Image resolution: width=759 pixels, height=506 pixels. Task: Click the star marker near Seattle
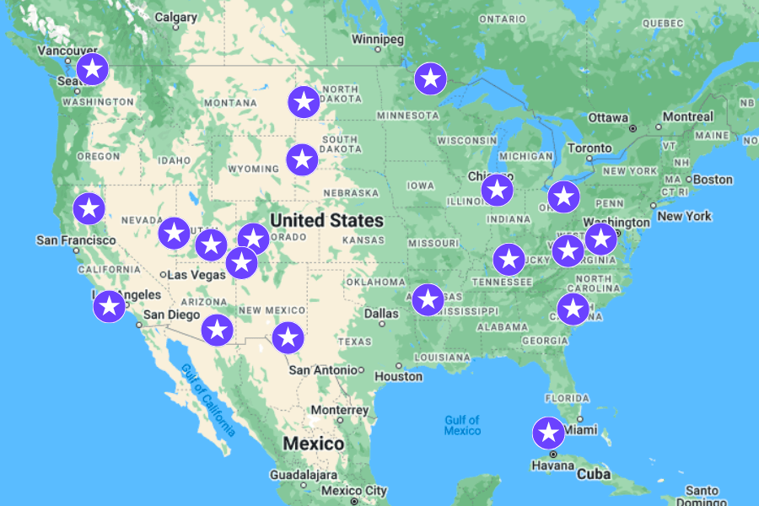click(93, 68)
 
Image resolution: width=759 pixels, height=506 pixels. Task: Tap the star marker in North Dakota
click(304, 102)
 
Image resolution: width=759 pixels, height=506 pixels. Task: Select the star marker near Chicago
click(497, 190)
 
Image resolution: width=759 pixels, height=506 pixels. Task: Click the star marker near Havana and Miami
click(549, 433)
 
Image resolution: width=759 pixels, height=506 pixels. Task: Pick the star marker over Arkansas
click(428, 299)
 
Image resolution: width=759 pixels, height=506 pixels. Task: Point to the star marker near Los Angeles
click(109, 305)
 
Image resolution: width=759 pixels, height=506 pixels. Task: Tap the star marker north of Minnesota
click(430, 78)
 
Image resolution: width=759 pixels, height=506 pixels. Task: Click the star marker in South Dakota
click(302, 159)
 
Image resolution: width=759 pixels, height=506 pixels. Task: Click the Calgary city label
click(175, 17)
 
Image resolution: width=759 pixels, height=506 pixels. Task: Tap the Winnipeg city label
click(378, 40)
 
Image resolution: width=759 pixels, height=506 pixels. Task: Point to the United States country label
click(326, 221)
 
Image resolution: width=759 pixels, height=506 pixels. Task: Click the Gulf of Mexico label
click(462, 425)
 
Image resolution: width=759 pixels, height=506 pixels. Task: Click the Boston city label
click(713, 180)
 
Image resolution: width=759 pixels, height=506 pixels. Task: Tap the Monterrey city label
click(339, 409)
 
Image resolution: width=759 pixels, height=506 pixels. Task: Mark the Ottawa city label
click(608, 117)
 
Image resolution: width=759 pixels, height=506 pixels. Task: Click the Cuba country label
click(594, 474)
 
